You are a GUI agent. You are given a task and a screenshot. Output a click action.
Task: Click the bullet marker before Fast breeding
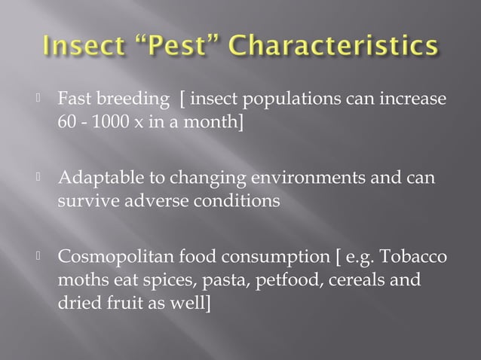pyautogui.click(x=41, y=99)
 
